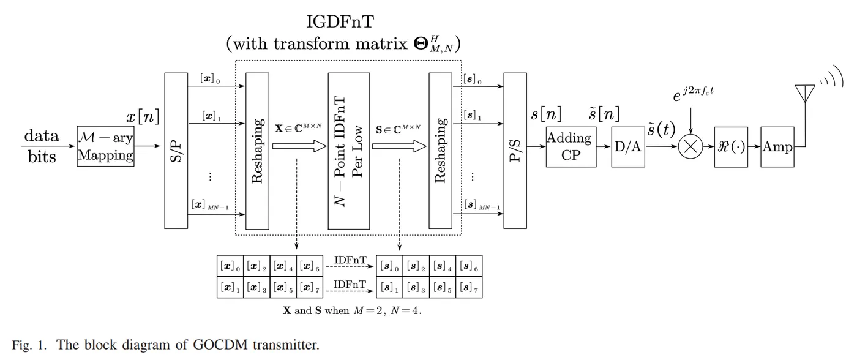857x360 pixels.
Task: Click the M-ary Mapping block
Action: [105, 146]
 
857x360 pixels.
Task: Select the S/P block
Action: [176, 151]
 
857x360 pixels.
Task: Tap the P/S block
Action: [515, 151]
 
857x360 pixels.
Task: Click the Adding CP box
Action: [571, 147]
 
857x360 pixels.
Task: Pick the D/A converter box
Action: [628, 147]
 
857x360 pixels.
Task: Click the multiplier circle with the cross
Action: [690, 146]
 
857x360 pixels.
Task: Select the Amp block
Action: [777, 147]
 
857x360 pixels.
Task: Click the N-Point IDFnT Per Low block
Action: [349, 151]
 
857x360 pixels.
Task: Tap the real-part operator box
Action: [731, 147]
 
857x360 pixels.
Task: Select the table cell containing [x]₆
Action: [310, 266]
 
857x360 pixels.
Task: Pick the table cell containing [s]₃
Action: [416, 287]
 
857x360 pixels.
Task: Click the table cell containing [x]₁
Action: [230, 287]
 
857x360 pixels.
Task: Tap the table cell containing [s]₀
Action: [389, 266]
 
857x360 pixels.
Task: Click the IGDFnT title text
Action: [340, 22]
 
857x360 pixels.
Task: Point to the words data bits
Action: [42, 146]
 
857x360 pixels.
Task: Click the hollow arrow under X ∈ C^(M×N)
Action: [299, 146]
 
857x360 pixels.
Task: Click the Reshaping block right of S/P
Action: [257, 151]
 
